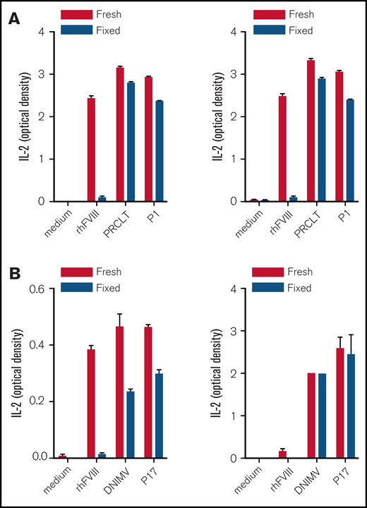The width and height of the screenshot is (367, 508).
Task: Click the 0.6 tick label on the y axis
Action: (39, 289)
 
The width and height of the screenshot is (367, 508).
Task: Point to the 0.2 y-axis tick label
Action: (39, 401)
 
